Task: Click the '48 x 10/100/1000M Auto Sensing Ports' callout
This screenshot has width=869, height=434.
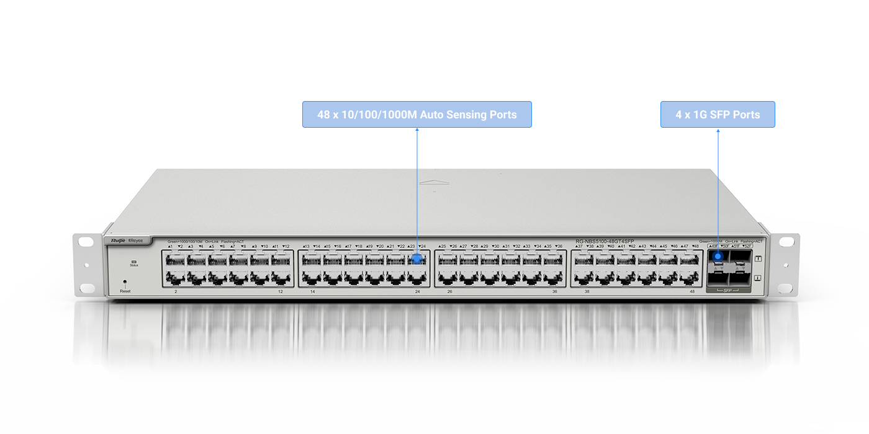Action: pos(416,115)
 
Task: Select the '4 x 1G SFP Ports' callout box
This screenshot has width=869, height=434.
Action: pos(718,115)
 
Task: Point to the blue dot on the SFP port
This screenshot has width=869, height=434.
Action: pos(718,255)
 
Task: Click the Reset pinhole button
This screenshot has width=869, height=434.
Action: pos(125,282)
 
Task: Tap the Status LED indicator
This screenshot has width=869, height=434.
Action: pos(133,262)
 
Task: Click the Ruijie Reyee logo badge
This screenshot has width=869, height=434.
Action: pos(127,241)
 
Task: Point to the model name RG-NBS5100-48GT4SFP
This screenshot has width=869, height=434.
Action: pos(605,241)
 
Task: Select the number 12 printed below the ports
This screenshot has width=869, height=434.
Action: pos(281,291)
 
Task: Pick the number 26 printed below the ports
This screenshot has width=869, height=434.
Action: pos(449,291)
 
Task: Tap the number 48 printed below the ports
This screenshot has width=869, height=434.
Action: pos(692,291)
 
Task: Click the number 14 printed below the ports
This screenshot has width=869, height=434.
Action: pos(312,291)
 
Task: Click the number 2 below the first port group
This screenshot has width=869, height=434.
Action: pos(176,291)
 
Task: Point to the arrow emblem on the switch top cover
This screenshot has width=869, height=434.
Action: pos(434,182)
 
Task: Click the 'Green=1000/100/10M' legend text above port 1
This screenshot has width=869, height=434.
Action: pos(185,241)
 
